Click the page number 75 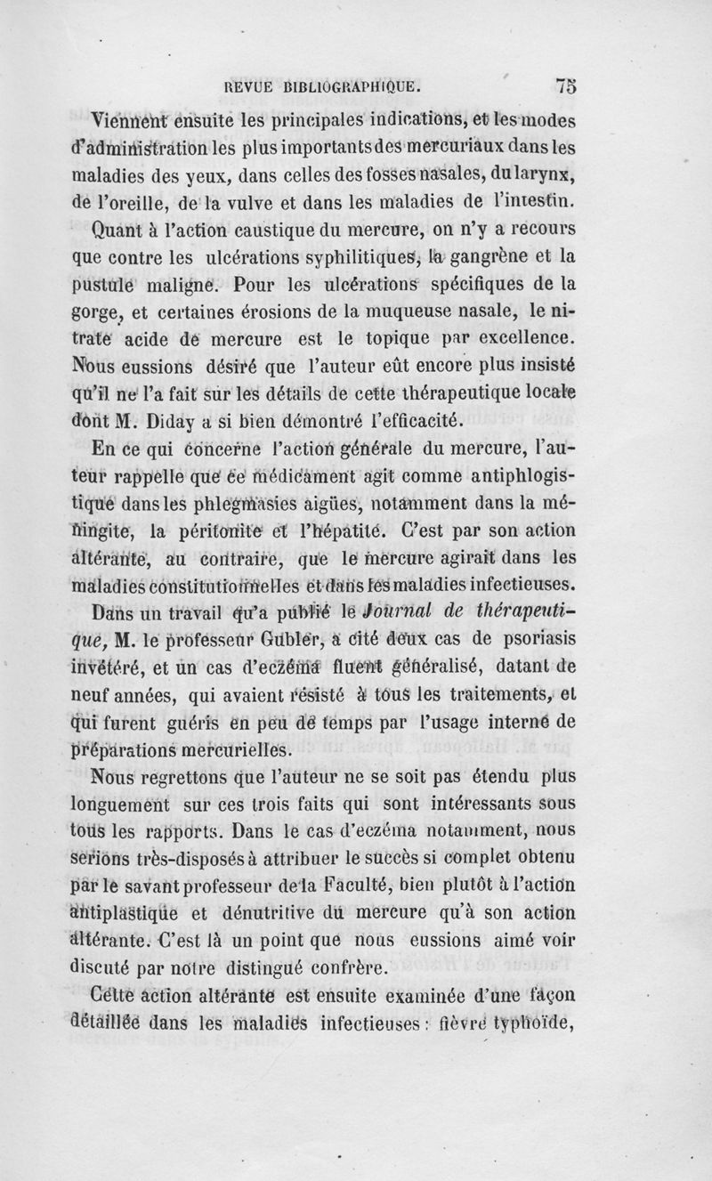[566, 86]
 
